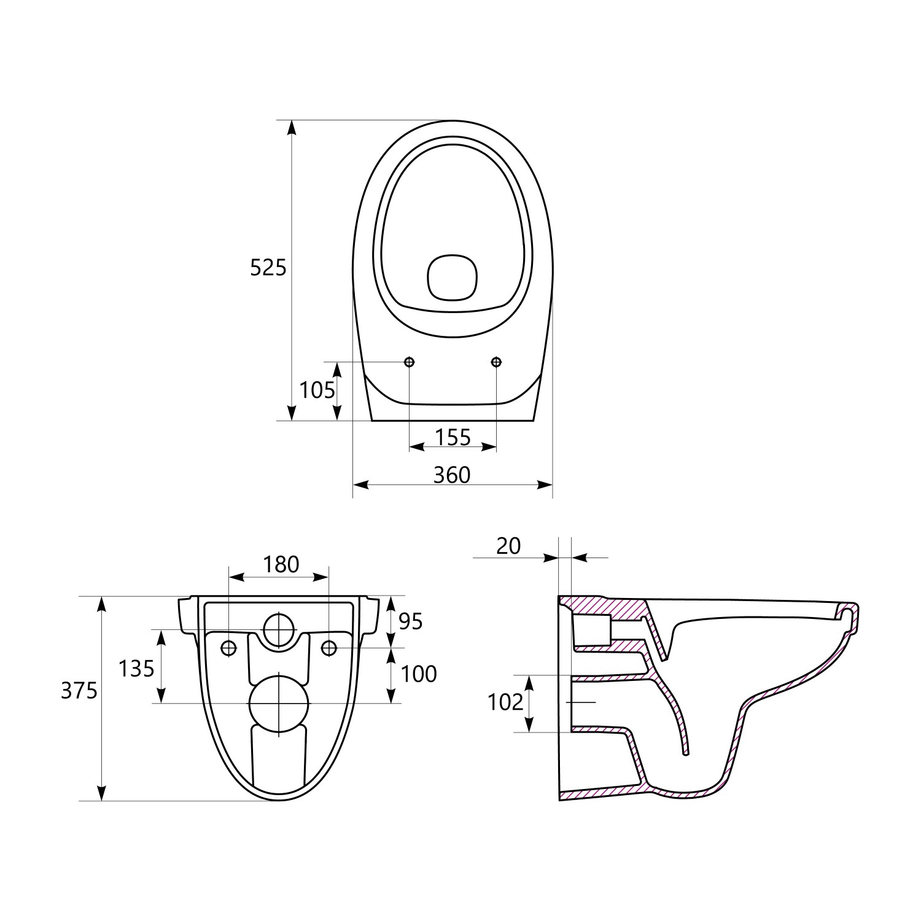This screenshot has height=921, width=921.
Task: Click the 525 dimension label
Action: click(268, 268)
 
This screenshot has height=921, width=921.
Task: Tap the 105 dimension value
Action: click(317, 390)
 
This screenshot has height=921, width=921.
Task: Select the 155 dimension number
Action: click(453, 437)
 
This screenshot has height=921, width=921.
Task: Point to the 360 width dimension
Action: click(452, 475)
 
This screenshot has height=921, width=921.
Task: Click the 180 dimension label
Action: click(281, 564)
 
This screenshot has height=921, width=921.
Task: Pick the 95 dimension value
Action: click(411, 622)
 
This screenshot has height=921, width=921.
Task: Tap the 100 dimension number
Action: click(419, 674)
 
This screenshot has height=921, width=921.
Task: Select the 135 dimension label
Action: click(136, 669)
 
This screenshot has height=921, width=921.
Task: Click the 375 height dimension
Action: click(79, 691)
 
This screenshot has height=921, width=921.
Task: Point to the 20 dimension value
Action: click(508, 546)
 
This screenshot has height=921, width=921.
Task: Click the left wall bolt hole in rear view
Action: click(228, 647)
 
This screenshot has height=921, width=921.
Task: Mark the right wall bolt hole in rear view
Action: click(329, 647)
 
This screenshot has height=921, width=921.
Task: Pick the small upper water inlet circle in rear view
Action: click(279, 630)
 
